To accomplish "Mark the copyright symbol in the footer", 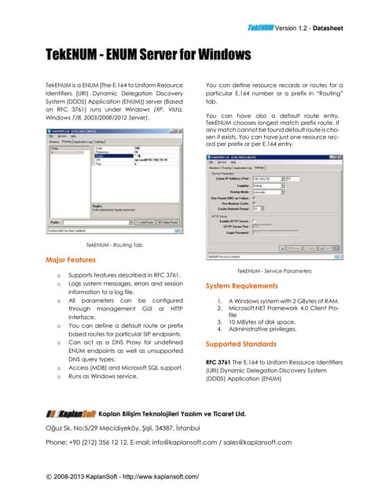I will [x=50, y=476].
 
